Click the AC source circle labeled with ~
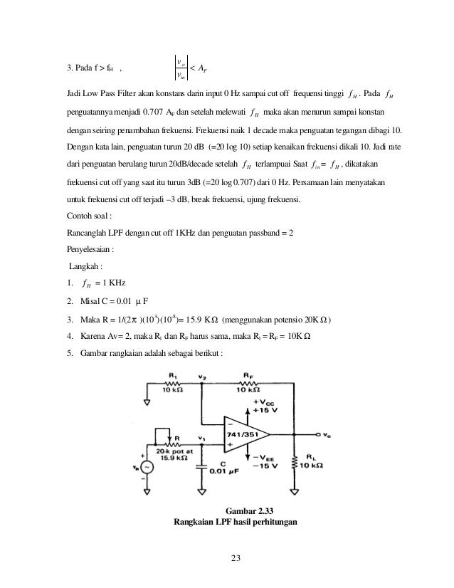click(147, 468)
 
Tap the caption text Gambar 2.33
click(254, 510)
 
